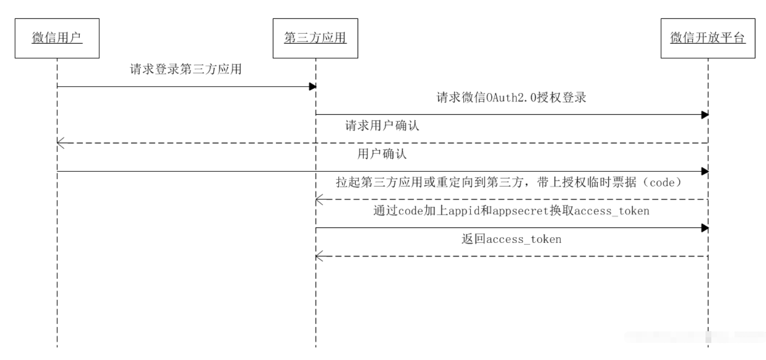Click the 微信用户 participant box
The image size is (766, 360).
57,38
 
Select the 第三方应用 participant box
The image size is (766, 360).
315,38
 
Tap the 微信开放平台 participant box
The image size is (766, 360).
707,38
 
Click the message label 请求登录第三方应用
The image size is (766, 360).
186,69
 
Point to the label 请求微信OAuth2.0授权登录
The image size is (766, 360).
511,98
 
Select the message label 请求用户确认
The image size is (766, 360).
382,126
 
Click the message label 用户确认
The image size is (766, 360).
382,154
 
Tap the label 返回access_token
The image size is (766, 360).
511,239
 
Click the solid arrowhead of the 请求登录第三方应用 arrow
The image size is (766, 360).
313,87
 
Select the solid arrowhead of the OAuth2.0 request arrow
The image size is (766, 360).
705,115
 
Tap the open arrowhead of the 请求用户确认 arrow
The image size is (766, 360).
60,143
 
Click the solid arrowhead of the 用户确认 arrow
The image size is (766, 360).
705,171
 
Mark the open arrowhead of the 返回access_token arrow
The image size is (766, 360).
319,256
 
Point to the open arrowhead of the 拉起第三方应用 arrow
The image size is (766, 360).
319,199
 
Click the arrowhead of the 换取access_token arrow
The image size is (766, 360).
705,228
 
